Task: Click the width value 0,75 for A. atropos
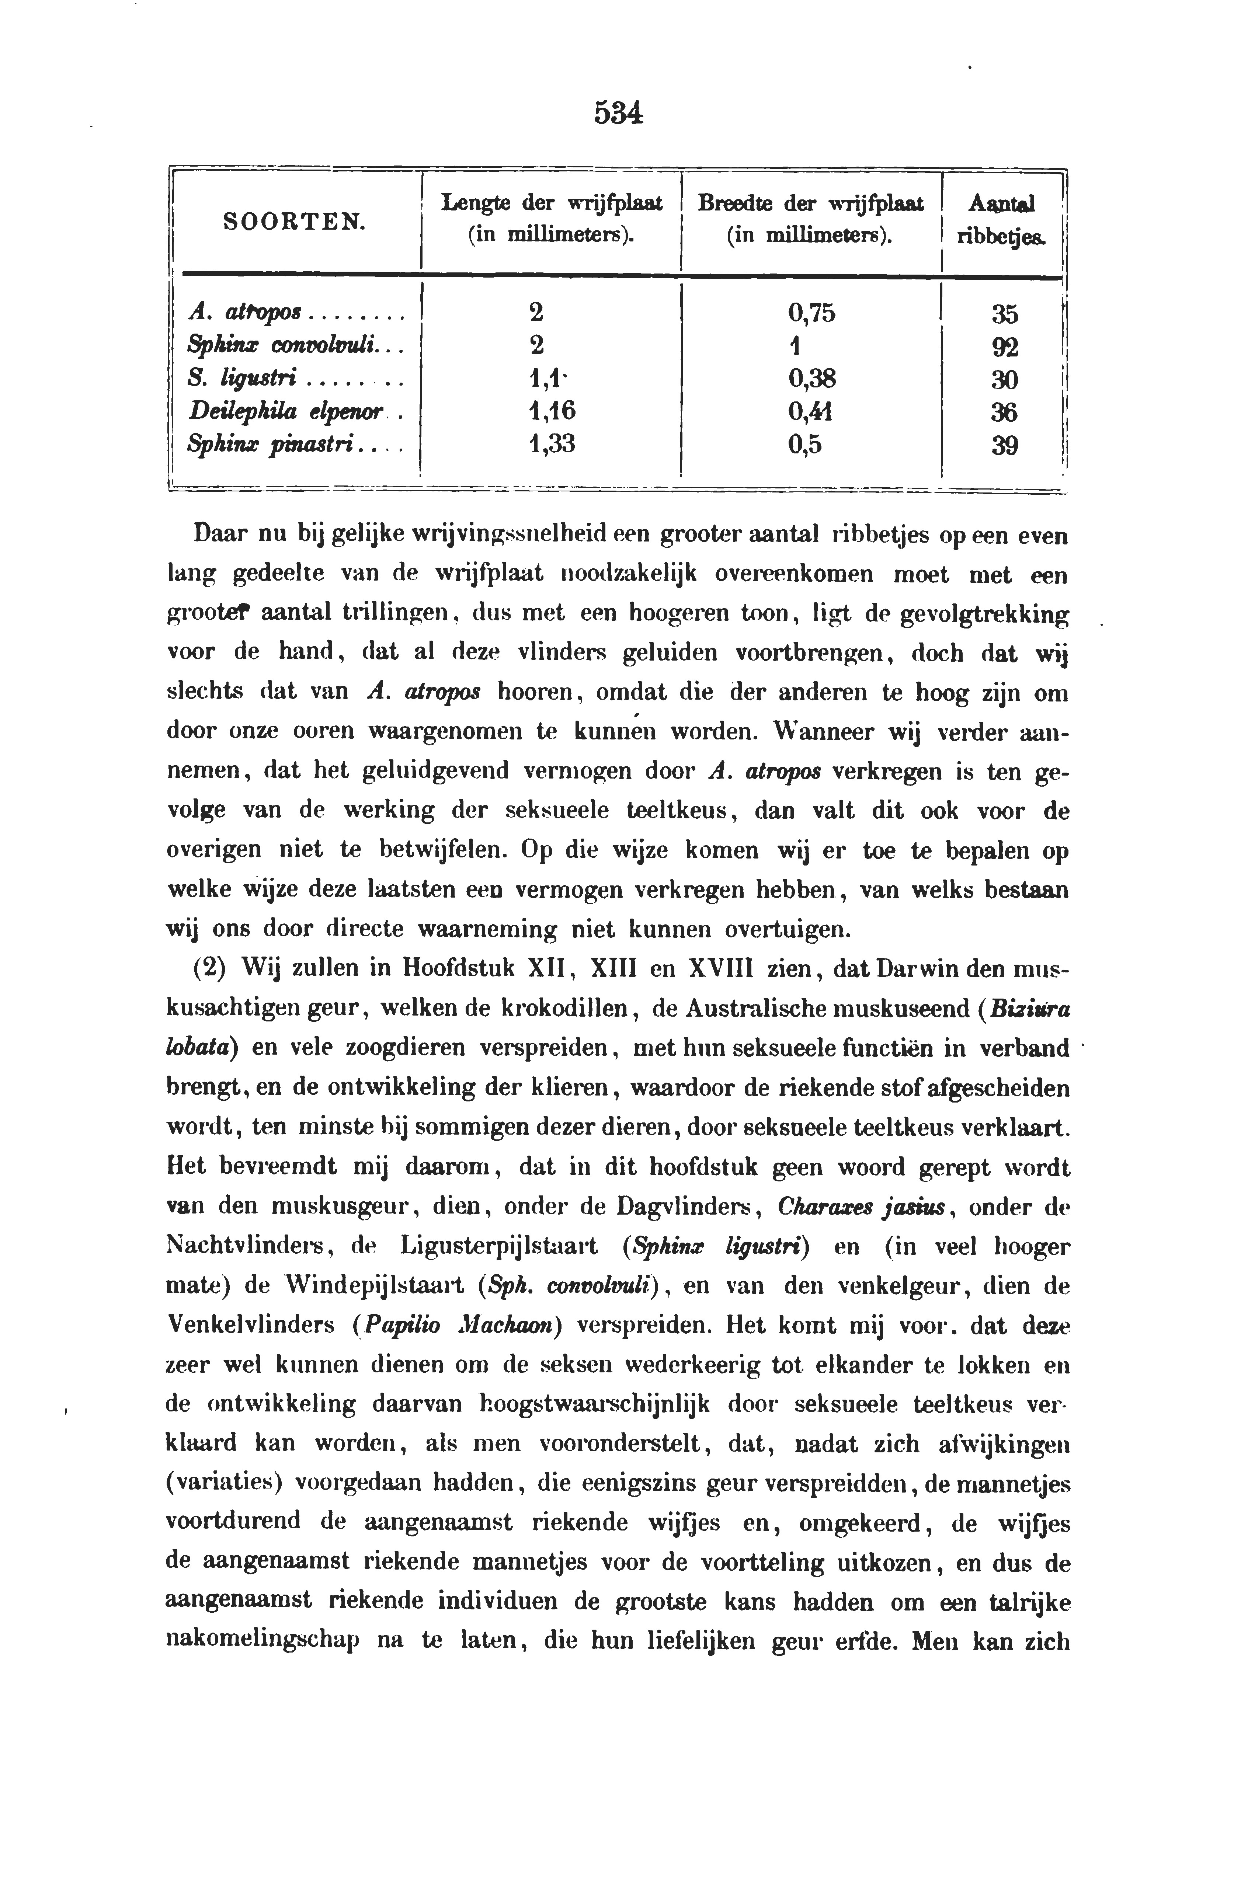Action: pyautogui.click(x=811, y=313)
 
